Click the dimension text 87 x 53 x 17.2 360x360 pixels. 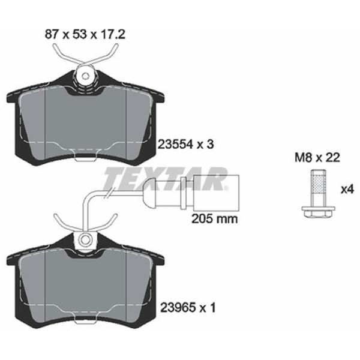(x=85, y=35)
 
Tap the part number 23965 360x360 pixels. (x=178, y=308)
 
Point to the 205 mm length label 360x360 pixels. (x=214, y=219)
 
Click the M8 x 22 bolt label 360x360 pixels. (x=317, y=158)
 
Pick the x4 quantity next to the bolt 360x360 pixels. (x=347, y=190)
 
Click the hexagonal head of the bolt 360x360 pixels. (x=318, y=212)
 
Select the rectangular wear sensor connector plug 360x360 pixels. (x=216, y=193)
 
